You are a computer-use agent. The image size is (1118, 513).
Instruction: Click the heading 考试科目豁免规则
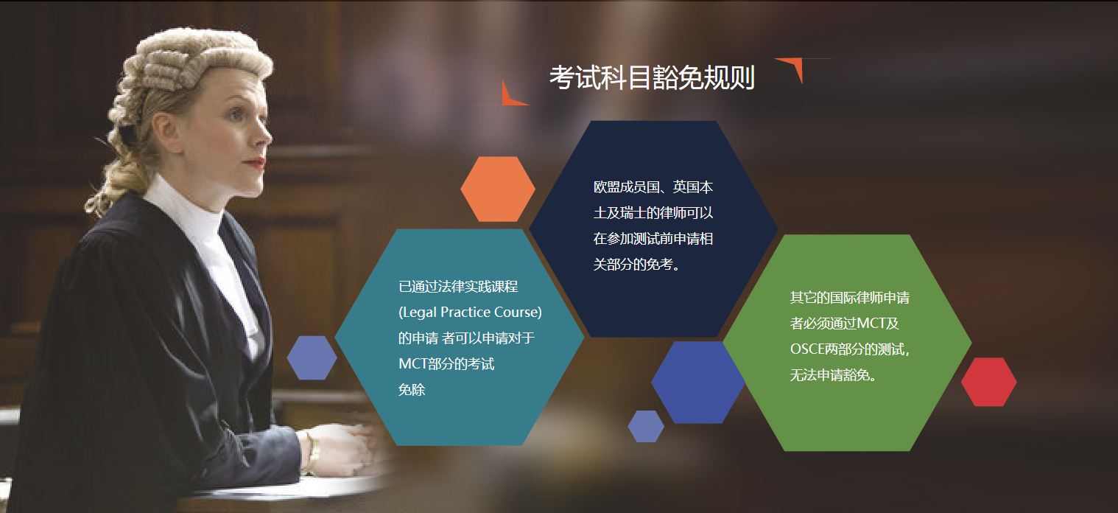(x=652, y=78)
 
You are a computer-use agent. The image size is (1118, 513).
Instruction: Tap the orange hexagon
(x=498, y=189)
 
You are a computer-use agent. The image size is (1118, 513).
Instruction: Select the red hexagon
(x=988, y=382)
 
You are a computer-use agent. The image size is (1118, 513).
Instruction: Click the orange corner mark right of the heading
(x=796, y=67)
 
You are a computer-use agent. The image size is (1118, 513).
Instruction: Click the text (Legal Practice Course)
(x=470, y=313)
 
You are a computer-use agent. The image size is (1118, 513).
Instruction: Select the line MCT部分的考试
(x=446, y=363)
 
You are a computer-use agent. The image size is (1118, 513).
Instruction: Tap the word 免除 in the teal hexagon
(x=411, y=390)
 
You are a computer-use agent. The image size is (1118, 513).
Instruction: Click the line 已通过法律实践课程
(x=458, y=286)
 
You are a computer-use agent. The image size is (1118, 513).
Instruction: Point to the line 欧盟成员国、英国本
(x=653, y=186)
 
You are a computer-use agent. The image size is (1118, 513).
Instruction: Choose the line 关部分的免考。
(x=637, y=265)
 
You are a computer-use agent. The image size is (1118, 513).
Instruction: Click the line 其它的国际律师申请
(x=849, y=298)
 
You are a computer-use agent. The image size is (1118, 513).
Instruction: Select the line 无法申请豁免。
(x=834, y=375)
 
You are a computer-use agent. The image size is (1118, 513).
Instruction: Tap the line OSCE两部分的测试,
(x=850, y=349)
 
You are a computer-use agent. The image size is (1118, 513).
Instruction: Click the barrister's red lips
(x=256, y=162)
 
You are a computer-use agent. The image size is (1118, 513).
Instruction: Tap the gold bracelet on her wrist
(x=312, y=451)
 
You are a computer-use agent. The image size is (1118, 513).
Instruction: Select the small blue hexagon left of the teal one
(x=312, y=357)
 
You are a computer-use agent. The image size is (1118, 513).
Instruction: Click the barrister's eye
(x=238, y=115)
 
